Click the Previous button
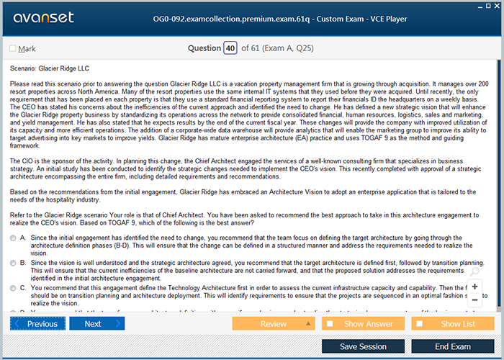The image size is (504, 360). pos(37,324)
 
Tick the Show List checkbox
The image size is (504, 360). pos(423,324)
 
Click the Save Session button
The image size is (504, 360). pos(363,346)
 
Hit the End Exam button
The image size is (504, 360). pos(453,346)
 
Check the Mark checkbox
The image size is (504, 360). pos(13,49)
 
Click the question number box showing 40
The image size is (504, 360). pos(230,48)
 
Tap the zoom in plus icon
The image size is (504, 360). pos(474,286)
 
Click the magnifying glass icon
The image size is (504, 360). pos(474,272)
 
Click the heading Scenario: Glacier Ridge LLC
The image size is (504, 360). pos(50,68)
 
